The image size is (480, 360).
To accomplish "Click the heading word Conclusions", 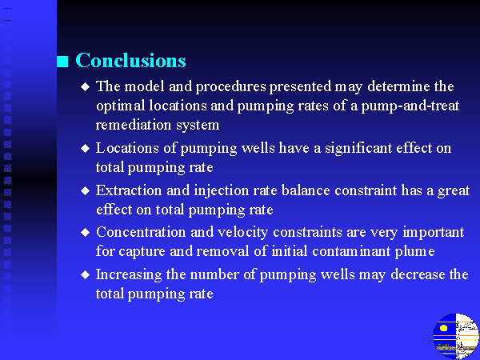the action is pos(130,60).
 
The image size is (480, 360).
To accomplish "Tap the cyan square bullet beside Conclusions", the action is pos(62,62).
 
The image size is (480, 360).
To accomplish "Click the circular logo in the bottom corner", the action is pos(456,336).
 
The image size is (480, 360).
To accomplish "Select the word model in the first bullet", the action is pos(144,86).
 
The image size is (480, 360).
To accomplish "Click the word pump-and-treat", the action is pos(410,106).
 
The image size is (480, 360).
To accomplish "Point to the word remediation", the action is pos(134,125).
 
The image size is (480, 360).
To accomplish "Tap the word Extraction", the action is pos(129,190).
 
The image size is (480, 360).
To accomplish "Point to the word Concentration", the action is pos(141,232).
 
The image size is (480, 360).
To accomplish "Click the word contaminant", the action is pos(351,251).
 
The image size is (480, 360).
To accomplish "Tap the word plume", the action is pos(414,252).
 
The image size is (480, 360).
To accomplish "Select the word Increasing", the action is pos(129,275).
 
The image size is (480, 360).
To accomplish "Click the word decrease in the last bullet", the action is pos(418,274).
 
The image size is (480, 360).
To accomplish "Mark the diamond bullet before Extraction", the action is pos(86,191).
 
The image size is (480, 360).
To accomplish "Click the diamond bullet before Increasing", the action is pos(86,274).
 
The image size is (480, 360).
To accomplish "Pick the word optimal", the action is pos(120,106).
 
